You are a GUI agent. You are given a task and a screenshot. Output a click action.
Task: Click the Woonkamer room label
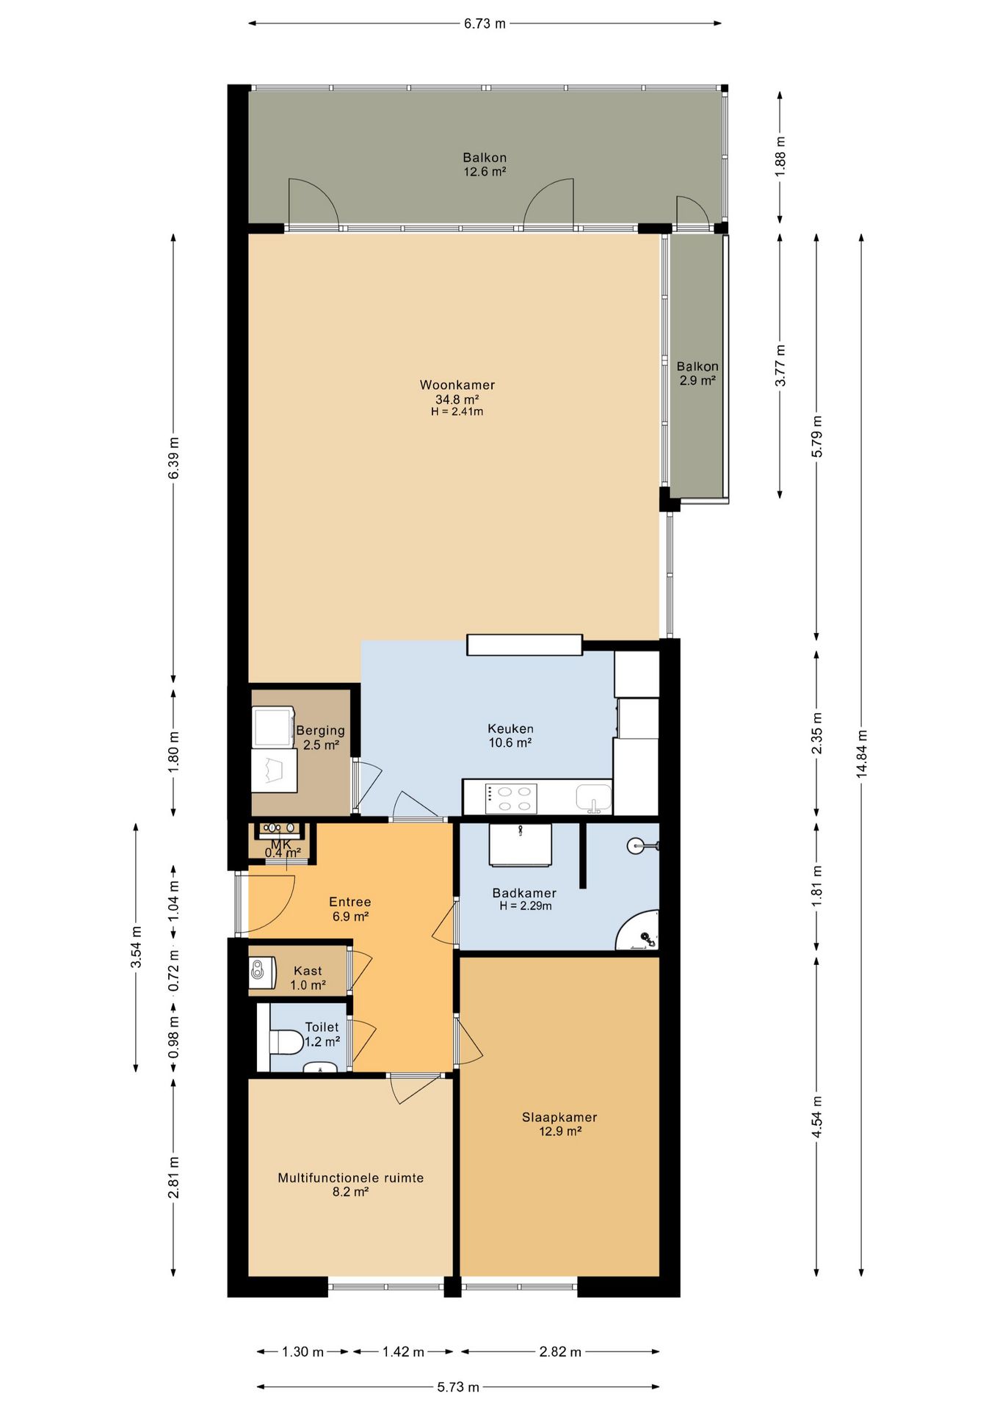[457, 385]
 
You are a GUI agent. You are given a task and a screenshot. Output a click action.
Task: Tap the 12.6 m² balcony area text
[485, 172]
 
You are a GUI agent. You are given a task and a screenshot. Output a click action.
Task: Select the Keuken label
[510, 728]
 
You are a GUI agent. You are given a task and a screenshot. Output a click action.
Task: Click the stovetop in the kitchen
[510, 798]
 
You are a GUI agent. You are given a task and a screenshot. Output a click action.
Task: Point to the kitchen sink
[593, 798]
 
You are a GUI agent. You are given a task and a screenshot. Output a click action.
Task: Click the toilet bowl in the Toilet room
[287, 1041]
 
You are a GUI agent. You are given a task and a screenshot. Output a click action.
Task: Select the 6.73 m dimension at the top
[485, 23]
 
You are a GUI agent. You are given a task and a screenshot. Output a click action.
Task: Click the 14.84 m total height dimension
[861, 753]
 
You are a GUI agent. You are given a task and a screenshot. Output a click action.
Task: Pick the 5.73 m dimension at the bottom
[458, 1386]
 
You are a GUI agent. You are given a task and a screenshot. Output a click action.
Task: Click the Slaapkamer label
[559, 1117]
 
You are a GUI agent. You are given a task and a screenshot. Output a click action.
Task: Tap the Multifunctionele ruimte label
[350, 1178]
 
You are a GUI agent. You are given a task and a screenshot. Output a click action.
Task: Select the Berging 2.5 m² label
[320, 737]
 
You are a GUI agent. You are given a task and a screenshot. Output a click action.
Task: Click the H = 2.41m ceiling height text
[457, 412]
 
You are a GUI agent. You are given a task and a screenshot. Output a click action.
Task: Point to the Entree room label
[349, 902]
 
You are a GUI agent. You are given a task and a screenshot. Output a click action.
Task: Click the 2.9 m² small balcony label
[697, 380]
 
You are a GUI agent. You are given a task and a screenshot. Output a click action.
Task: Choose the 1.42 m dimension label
[403, 1352]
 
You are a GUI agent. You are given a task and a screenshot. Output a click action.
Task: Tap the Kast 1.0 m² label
[308, 977]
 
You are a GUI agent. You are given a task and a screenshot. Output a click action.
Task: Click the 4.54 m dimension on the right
[816, 1117]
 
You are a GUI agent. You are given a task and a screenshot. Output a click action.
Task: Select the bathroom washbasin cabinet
[520, 845]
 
